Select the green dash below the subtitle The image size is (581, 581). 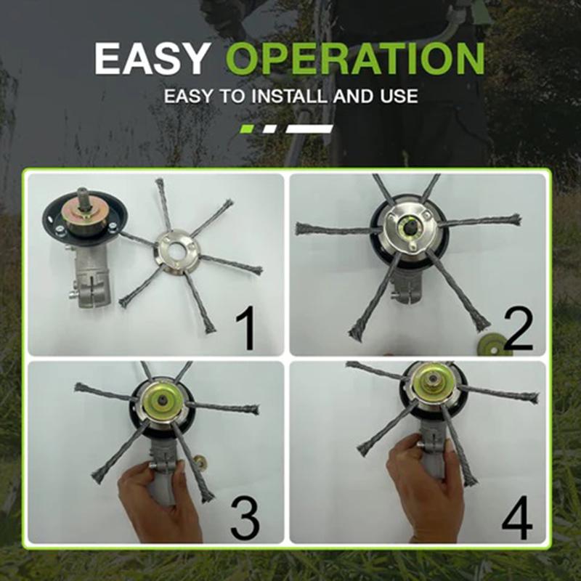pos(247,129)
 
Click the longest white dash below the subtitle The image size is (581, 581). pos(309,129)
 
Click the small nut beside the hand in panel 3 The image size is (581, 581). pos(198,460)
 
